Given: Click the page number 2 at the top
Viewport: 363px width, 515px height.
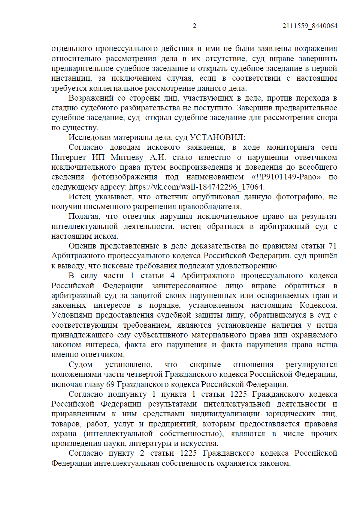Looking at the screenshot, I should point(194,26).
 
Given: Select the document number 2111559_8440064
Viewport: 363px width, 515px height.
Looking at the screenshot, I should point(309,26).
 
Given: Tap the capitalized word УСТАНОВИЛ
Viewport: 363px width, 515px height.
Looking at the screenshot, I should point(217,137).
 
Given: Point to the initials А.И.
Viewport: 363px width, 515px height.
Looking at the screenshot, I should point(158,157).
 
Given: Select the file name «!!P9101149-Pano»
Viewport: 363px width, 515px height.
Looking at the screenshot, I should point(286,177).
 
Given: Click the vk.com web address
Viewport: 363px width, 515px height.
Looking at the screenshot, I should point(197,187).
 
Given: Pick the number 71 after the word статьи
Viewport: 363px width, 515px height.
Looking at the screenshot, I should point(332,246).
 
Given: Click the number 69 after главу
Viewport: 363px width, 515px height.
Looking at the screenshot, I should point(111,384).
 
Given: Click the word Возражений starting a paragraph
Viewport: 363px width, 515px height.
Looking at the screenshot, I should point(91,98).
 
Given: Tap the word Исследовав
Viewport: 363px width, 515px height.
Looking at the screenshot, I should point(90,137).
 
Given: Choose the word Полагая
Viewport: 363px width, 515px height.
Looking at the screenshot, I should point(84,216).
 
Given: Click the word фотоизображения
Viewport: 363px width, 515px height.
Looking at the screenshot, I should point(125,177).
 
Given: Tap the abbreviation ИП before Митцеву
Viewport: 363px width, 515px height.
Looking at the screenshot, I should point(98,157).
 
